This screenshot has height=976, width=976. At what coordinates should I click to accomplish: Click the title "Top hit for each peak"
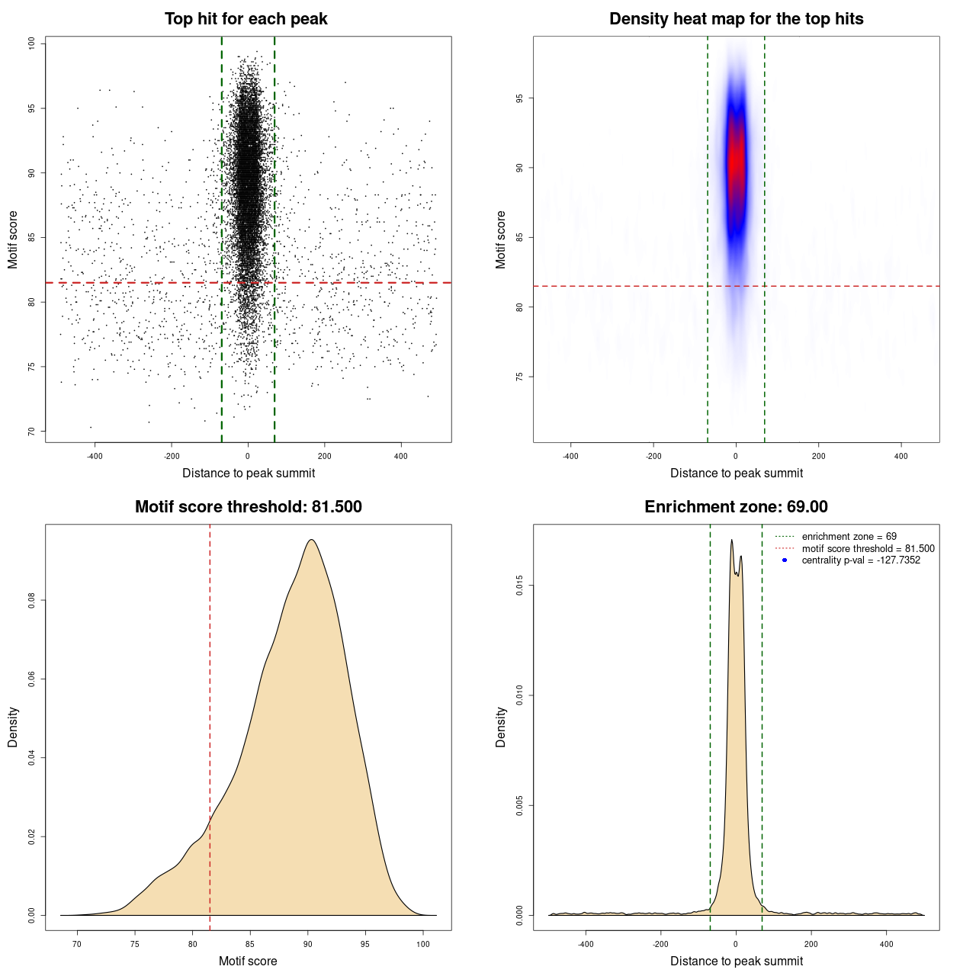click(246, 19)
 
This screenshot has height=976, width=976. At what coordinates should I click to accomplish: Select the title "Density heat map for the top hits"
click(736, 19)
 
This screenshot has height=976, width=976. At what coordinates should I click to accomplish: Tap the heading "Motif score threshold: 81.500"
click(248, 507)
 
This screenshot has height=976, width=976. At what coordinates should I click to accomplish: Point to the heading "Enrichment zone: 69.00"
click(736, 507)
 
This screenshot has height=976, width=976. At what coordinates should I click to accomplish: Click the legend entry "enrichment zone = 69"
click(849, 537)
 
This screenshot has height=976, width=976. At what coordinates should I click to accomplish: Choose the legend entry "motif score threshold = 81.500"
click(868, 548)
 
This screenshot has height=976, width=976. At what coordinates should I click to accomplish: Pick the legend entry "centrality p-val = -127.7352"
click(861, 560)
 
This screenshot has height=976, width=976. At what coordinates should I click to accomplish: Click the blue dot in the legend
click(785, 560)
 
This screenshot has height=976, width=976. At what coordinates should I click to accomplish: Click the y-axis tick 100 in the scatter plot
click(32, 43)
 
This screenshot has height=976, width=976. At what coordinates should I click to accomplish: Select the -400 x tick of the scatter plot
click(95, 456)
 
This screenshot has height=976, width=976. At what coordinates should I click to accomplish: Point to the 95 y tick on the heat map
click(520, 98)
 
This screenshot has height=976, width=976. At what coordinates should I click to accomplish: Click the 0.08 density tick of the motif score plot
click(32, 600)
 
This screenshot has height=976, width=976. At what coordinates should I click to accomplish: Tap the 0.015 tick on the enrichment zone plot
click(520, 586)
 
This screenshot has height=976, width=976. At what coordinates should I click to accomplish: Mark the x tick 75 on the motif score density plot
click(134, 944)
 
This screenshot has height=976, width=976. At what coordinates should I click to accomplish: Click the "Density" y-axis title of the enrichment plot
click(501, 727)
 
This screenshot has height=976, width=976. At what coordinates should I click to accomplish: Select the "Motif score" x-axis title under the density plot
click(248, 961)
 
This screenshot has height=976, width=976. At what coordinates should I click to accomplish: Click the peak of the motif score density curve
click(311, 540)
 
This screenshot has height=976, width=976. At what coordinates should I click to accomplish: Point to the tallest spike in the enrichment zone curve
click(731, 540)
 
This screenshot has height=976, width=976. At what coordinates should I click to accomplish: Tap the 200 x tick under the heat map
click(818, 456)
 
